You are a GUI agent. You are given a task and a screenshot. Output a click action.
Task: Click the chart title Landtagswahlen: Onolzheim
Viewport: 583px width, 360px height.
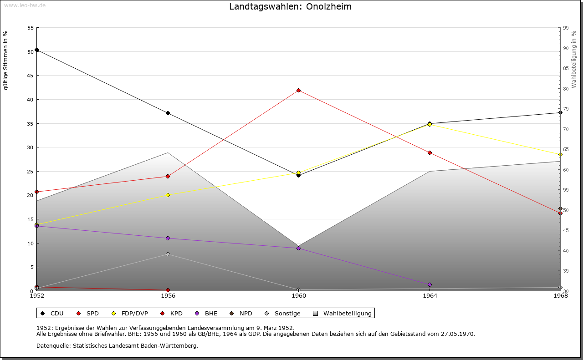pyautogui.click(x=290, y=7)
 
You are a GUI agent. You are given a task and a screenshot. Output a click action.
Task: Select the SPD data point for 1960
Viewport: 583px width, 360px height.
pyautogui.click(x=298, y=90)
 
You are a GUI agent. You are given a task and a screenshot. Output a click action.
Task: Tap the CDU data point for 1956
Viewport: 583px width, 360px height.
pyautogui.click(x=168, y=113)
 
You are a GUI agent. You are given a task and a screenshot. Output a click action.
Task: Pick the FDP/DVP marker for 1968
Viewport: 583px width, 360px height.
pyautogui.click(x=560, y=155)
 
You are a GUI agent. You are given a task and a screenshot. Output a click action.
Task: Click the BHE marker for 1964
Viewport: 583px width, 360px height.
pyautogui.click(x=430, y=285)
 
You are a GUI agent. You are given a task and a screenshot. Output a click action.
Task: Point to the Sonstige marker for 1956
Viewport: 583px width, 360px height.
pyautogui.click(x=168, y=254)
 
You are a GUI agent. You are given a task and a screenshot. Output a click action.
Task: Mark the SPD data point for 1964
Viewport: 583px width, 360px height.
pyautogui.click(x=430, y=152)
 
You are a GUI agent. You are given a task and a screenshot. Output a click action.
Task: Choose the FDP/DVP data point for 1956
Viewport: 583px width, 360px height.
pyautogui.click(x=168, y=195)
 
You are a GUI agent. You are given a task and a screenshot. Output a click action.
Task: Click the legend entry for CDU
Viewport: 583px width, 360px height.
pyautogui.click(x=52, y=313)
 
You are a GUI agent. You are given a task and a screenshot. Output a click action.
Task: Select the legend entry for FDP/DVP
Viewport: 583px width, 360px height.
pyautogui.click(x=130, y=313)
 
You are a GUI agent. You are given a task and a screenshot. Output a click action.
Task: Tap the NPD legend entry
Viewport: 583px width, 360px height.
pyautogui.click(x=241, y=313)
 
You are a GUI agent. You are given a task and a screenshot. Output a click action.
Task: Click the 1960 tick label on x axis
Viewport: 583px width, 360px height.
pyautogui.click(x=299, y=296)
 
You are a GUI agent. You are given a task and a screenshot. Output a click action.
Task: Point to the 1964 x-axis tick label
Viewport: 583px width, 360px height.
pyautogui.click(x=430, y=296)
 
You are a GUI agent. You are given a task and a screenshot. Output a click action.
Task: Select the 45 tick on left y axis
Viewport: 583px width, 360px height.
pyautogui.click(x=31, y=76)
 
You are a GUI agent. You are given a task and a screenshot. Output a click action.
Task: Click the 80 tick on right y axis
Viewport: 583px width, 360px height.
pyautogui.click(x=566, y=89)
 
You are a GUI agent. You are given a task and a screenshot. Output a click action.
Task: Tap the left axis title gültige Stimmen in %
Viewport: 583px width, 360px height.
pyautogui.click(x=6, y=60)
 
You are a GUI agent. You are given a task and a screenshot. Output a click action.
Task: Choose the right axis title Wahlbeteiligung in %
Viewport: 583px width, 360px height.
pyautogui.click(x=574, y=59)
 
